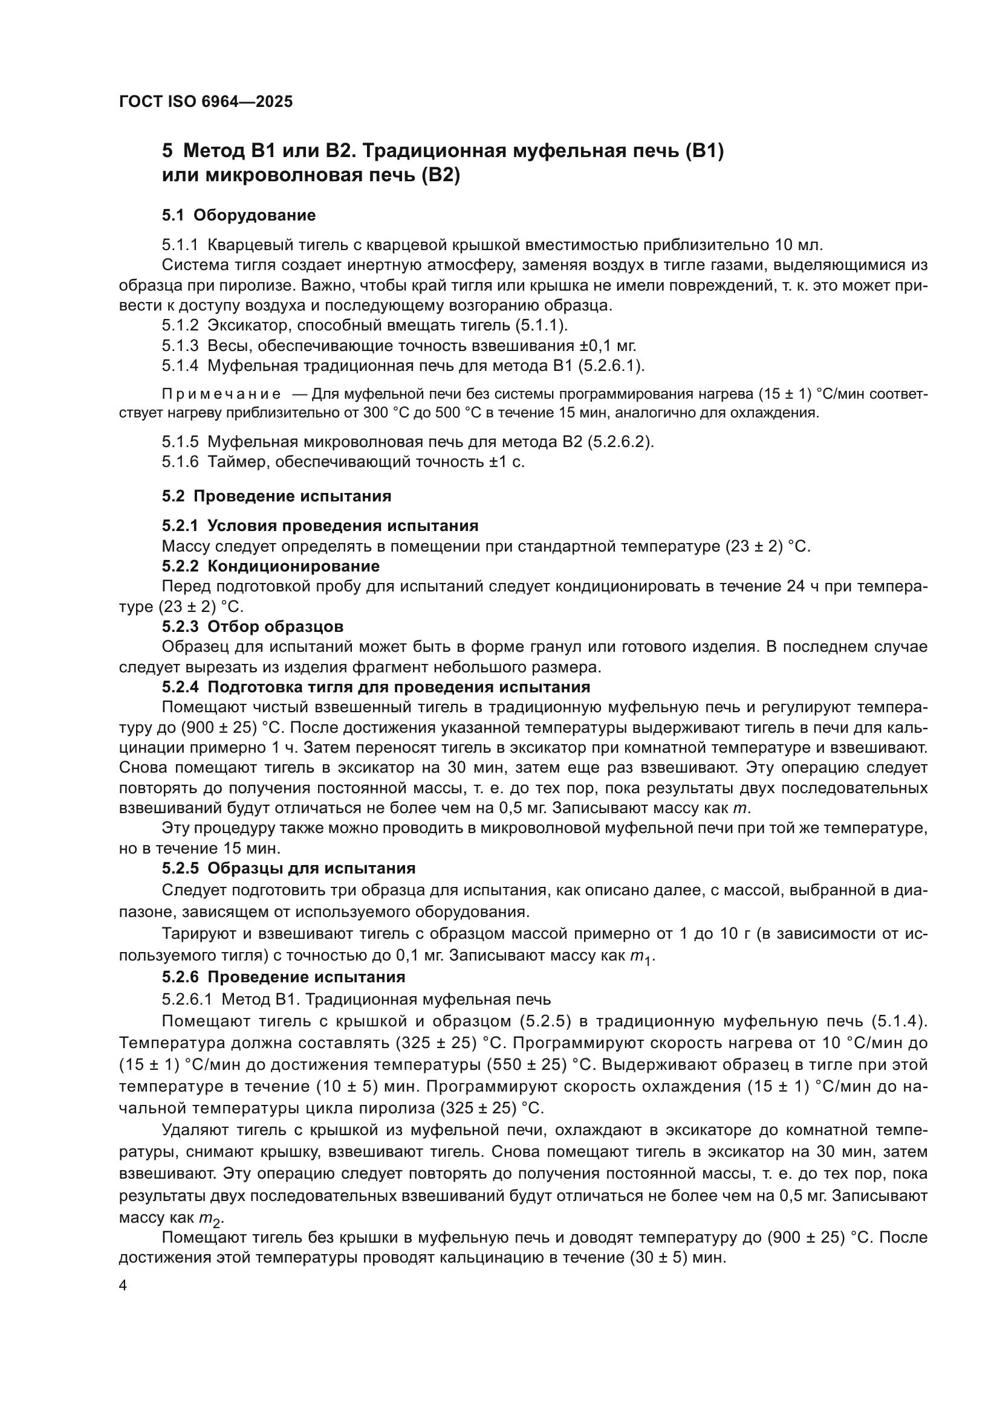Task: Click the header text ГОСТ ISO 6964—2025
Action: [206, 101]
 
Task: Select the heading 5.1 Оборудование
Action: [238, 215]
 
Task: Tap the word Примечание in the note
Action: [221, 394]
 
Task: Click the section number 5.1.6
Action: [180, 462]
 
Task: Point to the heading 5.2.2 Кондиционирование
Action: [270, 565]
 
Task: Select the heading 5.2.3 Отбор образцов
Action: [253, 626]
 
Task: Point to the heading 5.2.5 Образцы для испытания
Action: [288, 868]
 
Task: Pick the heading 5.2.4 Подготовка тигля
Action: [375, 687]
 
